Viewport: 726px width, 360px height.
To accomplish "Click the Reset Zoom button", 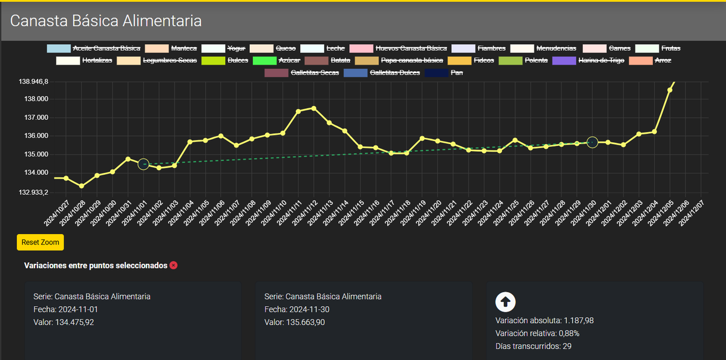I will [40, 242].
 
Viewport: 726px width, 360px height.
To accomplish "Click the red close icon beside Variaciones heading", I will [174, 266].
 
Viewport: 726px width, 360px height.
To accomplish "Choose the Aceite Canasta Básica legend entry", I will [94, 48].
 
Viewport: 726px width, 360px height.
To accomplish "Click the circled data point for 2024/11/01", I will [143, 164].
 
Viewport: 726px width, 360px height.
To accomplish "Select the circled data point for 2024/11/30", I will [592, 142].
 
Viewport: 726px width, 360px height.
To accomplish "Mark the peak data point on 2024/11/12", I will [313, 108].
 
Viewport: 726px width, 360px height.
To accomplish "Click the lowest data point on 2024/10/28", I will [81, 186].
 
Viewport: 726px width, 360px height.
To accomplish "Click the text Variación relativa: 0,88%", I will [537, 333].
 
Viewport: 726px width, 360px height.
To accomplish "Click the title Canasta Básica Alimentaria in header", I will [106, 21].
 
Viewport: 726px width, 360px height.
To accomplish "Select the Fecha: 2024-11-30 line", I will [296, 309].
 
